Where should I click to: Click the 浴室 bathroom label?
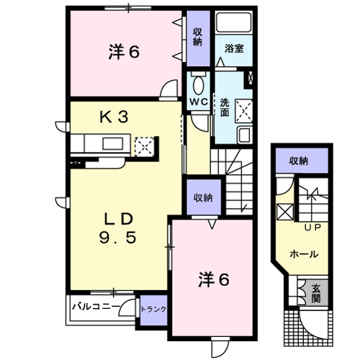[234, 48]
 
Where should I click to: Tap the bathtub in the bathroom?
[234, 22]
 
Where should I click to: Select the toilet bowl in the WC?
[199, 84]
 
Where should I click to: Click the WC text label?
[199, 102]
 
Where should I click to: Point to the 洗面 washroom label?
[225, 107]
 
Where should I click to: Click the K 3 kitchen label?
[114, 117]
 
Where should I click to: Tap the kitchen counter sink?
[113, 144]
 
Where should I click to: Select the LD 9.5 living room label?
[118, 228]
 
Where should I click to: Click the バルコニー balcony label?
[96, 307]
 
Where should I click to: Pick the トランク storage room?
[153, 310]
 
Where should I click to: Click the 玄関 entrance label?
[316, 293]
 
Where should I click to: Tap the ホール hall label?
[304, 254]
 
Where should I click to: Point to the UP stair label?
[312, 228]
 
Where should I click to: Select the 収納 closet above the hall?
[302, 161]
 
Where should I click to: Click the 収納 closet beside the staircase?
[204, 197]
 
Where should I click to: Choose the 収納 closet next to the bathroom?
[198, 38]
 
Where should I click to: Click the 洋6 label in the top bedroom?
[124, 52]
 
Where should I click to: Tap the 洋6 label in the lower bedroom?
[214, 280]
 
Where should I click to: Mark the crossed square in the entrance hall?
[284, 212]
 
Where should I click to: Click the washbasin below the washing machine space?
[245, 135]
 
